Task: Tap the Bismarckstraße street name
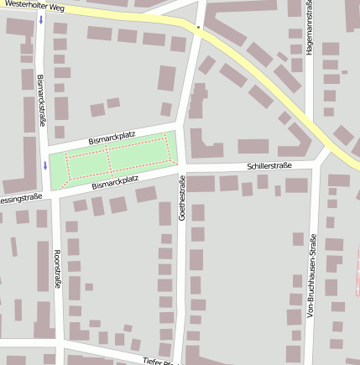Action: pyautogui.click(x=42, y=102)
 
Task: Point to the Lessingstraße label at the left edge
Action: pyautogui.click(x=20, y=198)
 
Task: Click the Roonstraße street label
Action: pyautogui.click(x=56, y=269)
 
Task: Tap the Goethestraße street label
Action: pyautogui.click(x=181, y=198)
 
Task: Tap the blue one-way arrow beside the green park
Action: pyautogui.click(x=44, y=165)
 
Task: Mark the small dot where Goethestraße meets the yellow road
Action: pyautogui.click(x=198, y=28)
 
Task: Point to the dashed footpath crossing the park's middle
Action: pyautogui.click(x=108, y=159)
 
